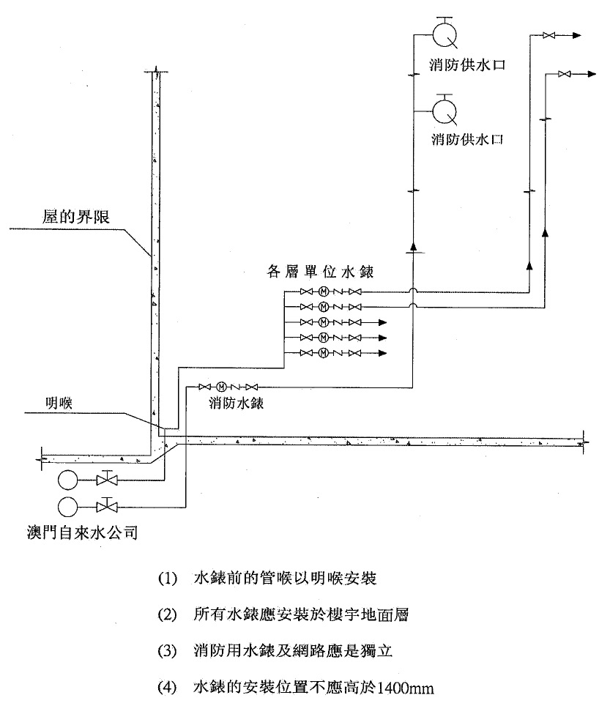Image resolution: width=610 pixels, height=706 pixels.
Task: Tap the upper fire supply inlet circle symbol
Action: [445, 35]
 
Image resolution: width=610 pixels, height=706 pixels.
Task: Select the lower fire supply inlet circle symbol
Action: [445, 111]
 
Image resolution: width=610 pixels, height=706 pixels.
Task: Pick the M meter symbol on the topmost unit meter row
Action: [323, 291]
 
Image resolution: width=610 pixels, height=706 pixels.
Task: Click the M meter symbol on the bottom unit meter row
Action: [323, 354]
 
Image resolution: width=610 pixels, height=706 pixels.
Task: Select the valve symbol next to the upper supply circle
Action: [108, 480]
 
